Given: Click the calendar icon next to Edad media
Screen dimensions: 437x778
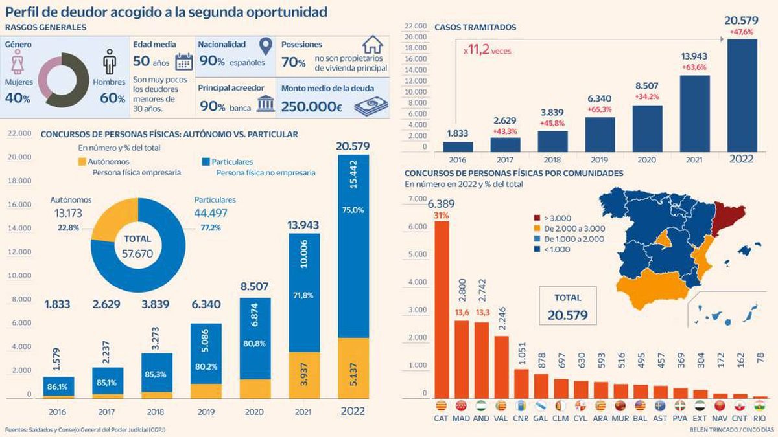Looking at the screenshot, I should click(184, 62).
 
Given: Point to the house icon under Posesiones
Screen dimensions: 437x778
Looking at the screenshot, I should click(373, 45).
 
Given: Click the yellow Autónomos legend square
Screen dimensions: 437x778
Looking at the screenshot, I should click(82, 161).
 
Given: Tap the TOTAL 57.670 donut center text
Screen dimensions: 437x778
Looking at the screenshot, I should click(134, 245).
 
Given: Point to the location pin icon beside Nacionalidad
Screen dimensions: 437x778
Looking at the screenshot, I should click(264, 45).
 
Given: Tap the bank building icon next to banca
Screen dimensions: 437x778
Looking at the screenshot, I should click(265, 105).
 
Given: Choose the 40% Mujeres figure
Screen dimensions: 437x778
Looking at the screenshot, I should click(18, 98).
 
